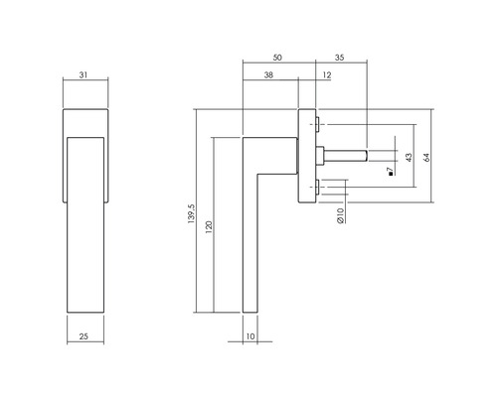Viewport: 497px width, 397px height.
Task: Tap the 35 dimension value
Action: [340, 59]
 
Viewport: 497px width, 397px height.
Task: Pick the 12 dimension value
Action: [328, 75]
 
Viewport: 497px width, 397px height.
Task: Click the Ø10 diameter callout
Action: [338, 213]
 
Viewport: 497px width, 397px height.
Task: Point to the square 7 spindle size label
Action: [391, 172]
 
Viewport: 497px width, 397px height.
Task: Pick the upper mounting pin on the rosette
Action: [317, 127]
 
